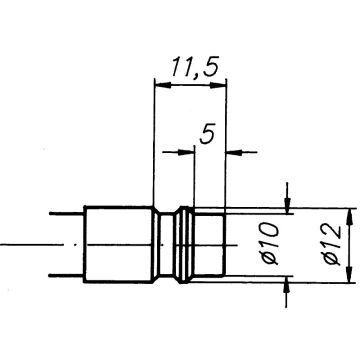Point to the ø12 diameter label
(335, 245)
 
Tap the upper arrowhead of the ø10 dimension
(289, 206)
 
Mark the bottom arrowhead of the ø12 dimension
(353, 276)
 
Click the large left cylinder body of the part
(118, 245)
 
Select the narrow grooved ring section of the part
(177, 245)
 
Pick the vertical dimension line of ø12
(353, 245)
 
